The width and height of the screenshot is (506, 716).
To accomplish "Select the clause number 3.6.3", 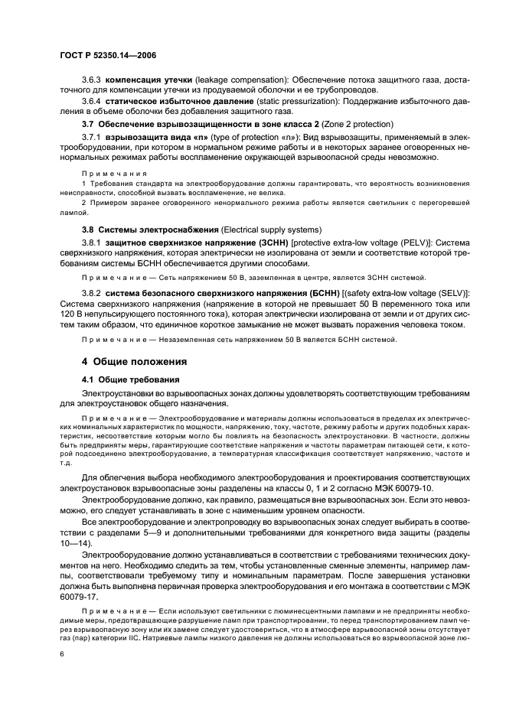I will [92, 80].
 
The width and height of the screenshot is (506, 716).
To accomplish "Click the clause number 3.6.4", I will [92, 100].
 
